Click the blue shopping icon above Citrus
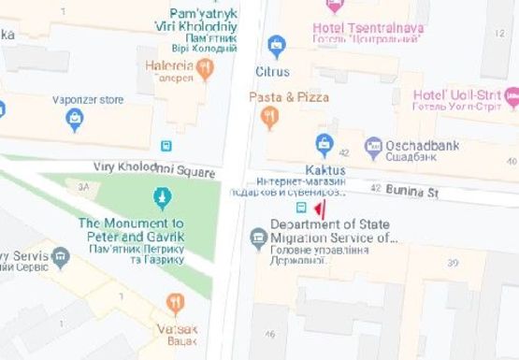tap(276, 44)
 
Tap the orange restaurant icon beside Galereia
tap(205, 68)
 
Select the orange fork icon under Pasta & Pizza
tap(269, 117)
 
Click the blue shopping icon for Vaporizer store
tap(75, 119)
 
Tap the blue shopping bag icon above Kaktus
tap(324, 144)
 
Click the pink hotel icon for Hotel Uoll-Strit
tap(512, 96)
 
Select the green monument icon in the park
tap(162, 198)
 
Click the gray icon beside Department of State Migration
tap(258, 238)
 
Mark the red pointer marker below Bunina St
tap(319, 209)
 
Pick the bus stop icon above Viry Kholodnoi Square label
tap(166, 146)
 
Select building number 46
tap(269, 335)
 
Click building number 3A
tap(83, 186)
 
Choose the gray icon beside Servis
tap(61, 255)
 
